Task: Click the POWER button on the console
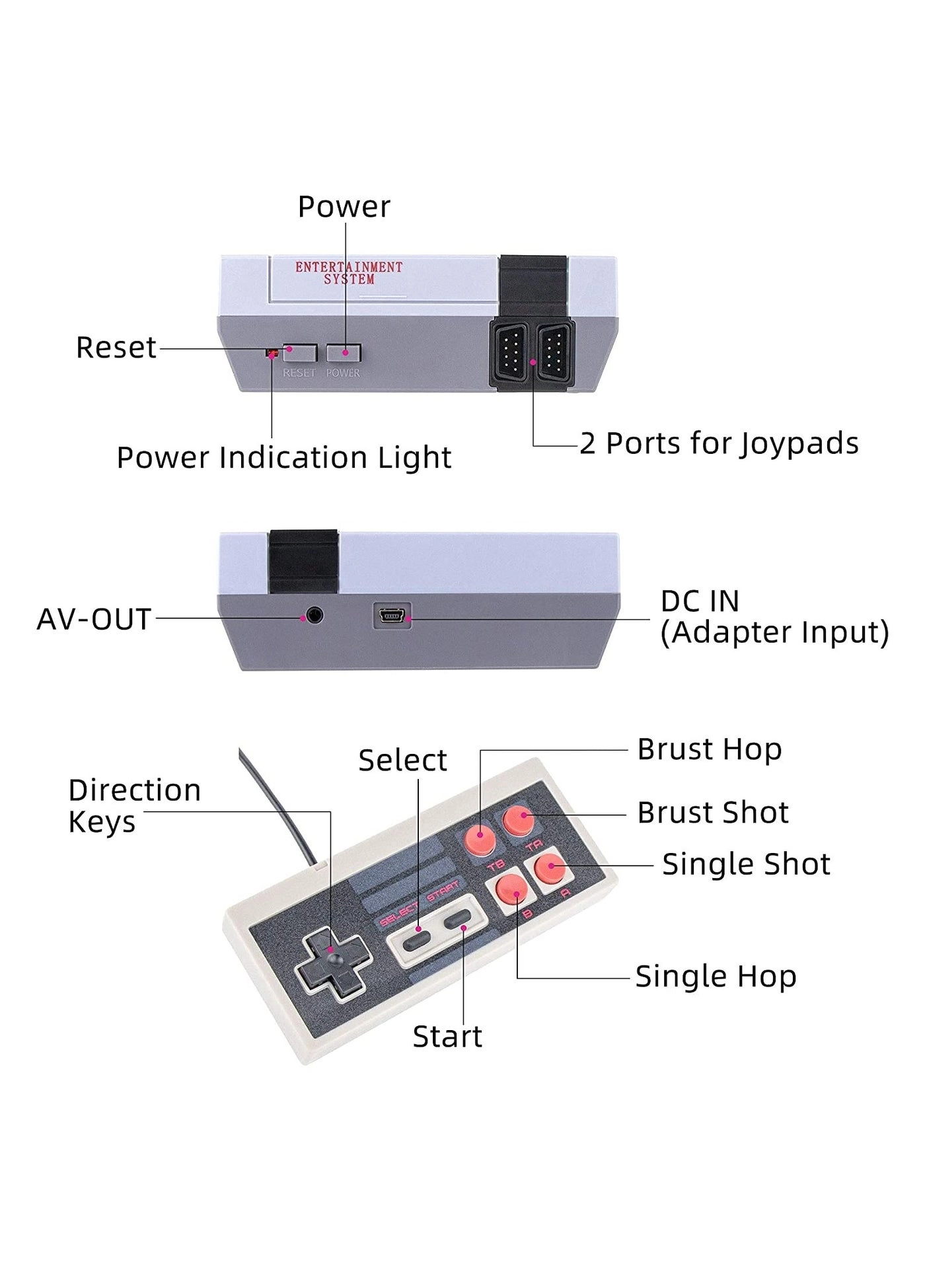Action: (x=344, y=353)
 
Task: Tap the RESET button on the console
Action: (x=299, y=353)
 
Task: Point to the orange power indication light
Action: (x=270, y=354)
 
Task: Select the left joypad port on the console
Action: (x=509, y=353)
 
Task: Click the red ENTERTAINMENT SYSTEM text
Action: (x=349, y=273)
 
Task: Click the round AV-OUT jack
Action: (x=314, y=616)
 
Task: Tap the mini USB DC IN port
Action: (x=392, y=616)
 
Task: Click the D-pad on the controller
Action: (x=333, y=964)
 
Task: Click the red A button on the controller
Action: (x=550, y=868)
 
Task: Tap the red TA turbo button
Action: (x=518, y=819)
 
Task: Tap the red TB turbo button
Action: (x=480, y=839)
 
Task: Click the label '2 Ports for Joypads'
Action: (x=719, y=443)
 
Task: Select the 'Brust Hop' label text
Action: (x=710, y=750)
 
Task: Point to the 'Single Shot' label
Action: (x=746, y=864)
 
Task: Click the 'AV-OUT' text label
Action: (x=94, y=619)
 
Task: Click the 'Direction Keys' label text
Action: (x=135, y=805)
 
